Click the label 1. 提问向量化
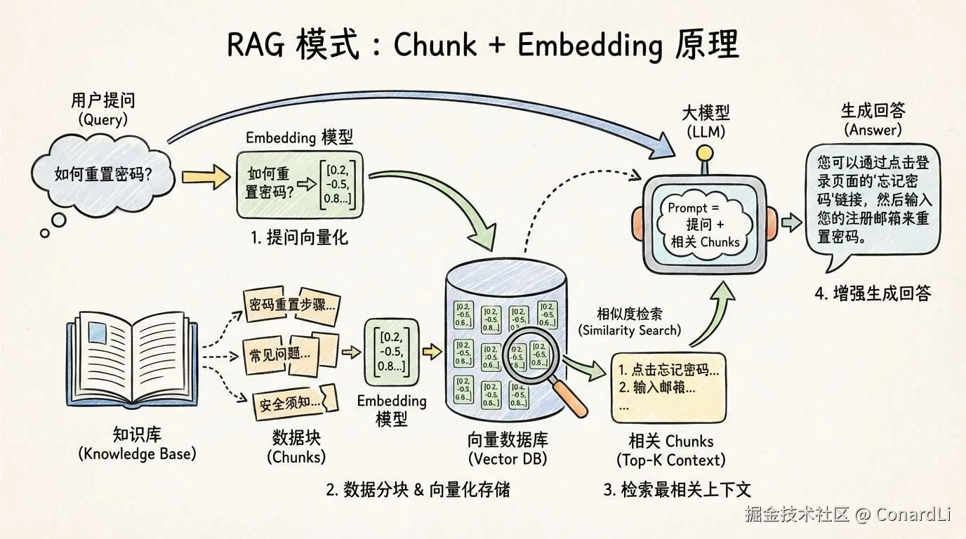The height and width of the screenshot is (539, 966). click(299, 237)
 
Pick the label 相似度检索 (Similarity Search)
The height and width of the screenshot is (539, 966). click(629, 321)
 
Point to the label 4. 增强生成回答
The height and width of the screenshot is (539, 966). click(872, 293)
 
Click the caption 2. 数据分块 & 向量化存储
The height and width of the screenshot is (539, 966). click(418, 489)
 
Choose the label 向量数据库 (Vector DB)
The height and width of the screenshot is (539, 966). click(508, 448)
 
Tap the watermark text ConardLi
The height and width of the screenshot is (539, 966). click(913, 514)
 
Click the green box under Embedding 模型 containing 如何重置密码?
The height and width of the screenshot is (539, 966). click(300, 183)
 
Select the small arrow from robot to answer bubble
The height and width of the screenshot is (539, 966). click(791, 224)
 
